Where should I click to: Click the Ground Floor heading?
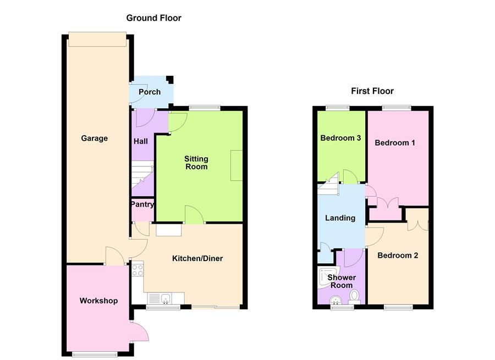pyautogui.click(x=154, y=18)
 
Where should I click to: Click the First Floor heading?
pyautogui.click(x=372, y=91)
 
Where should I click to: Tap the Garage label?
pyautogui.click(x=95, y=138)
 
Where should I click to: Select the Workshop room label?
pyautogui.click(x=98, y=301)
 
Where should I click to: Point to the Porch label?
pyautogui.click(x=150, y=92)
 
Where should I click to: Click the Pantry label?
pyautogui.click(x=142, y=204)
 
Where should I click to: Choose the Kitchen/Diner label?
pyautogui.click(x=197, y=258)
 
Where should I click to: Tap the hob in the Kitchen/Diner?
pyautogui.click(x=137, y=269)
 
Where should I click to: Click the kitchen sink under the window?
pyautogui.click(x=159, y=298)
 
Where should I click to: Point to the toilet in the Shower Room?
pyautogui.click(x=355, y=297)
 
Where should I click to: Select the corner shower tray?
pyautogui.click(x=328, y=278)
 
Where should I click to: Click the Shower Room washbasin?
pyautogui.click(x=336, y=300)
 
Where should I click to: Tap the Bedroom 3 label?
pyautogui.click(x=340, y=138)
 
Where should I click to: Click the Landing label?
pyautogui.click(x=340, y=218)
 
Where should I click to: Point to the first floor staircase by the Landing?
pyautogui.click(x=328, y=184)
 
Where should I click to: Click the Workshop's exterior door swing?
pyautogui.click(x=140, y=331)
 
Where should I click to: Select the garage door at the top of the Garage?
pyautogui.click(x=97, y=40)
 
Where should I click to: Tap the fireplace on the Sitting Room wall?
pyautogui.click(x=237, y=165)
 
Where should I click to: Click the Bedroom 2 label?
pyautogui.click(x=398, y=255)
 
